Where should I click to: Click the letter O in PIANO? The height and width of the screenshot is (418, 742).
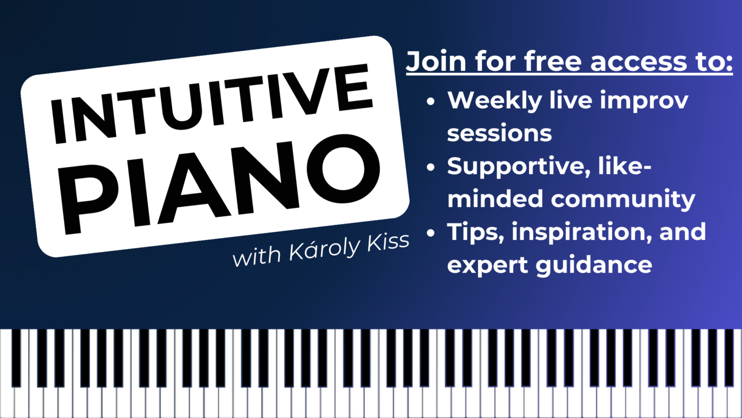pyautogui.click(x=343, y=168)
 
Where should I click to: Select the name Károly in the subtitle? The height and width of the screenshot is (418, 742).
pyautogui.click(x=324, y=249)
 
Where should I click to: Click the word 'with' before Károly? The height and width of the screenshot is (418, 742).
pyautogui.click(x=257, y=257)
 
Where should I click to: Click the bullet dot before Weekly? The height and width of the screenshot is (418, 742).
pyautogui.click(x=431, y=101)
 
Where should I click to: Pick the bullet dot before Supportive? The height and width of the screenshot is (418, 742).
pyautogui.click(x=431, y=167)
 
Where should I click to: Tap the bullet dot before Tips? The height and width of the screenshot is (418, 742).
pyautogui.click(x=431, y=233)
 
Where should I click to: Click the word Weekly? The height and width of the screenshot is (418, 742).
pyautogui.click(x=495, y=101)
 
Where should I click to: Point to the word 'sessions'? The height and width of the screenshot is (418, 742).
pyautogui.click(x=499, y=133)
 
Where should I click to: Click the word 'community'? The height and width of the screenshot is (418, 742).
pyautogui.click(x=623, y=200)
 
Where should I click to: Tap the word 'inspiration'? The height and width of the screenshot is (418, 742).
pyautogui.click(x=582, y=232)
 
